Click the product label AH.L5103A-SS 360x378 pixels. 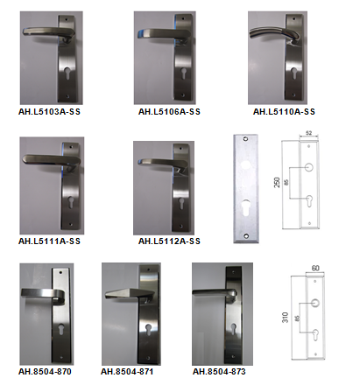[x=49, y=112]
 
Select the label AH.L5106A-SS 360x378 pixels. [x=169, y=112]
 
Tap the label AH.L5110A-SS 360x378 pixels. [x=284, y=112]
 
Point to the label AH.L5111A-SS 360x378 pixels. [x=49, y=241]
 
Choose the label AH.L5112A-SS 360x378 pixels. [x=169, y=241]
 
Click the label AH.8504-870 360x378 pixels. [x=45, y=371]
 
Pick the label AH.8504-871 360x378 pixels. [x=127, y=371]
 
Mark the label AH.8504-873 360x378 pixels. [x=219, y=371]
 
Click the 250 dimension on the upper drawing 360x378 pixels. [x=277, y=182]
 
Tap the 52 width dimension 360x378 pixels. [x=308, y=133]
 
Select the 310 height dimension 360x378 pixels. [x=285, y=318]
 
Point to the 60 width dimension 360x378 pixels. [x=315, y=268]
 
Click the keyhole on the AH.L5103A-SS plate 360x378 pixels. [x=67, y=73]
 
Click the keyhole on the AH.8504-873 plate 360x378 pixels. [x=233, y=329]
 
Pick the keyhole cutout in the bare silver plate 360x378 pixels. [x=246, y=206]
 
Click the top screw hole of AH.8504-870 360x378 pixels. [x=61, y=272]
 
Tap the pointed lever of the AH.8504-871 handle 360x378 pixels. [x=130, y=294]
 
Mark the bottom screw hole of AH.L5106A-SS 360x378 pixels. [x=183, y=95]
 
